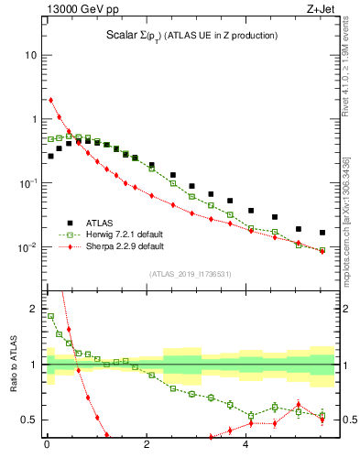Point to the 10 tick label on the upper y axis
30,55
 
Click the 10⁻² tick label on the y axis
27,247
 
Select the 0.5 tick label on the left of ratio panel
29,420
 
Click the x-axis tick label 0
47,446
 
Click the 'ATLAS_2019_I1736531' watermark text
190,273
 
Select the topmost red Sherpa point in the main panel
50,100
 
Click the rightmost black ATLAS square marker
322,233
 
